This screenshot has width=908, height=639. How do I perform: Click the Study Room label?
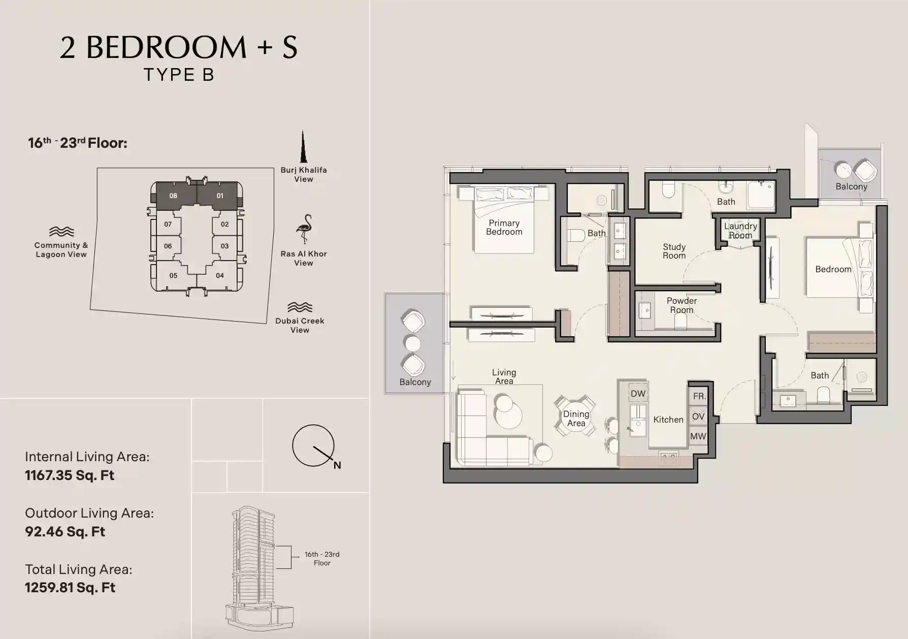tap(674, 251)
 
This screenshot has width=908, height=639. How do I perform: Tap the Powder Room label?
tap(682, 305)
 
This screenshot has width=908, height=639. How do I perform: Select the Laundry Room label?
tap(740, 231)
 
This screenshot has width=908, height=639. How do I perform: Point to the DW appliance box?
tap(638, 394)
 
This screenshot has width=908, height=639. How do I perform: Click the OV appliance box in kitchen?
tap(698, 417)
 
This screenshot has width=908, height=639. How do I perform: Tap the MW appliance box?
tap(698, 436)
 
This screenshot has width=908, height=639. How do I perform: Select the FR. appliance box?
tap(699, 396)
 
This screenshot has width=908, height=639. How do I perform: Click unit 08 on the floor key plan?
tap(174, 196)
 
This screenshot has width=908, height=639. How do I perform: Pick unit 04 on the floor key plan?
tap(220, 276)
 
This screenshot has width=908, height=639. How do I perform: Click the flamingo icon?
tap(304, 229)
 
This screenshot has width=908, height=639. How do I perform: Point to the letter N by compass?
tap(337, 465)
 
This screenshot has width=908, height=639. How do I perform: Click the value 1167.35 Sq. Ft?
tap(70, 475)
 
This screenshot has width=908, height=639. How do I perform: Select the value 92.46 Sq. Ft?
tap(65, 532)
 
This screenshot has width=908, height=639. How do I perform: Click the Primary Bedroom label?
tap(504, 228)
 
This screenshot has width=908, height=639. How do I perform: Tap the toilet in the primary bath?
tap(576, 236)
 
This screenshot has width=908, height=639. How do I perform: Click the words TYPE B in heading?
tap(179, 75)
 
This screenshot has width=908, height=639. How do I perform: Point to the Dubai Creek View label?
tap(300, 325)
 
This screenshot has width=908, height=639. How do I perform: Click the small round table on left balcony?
tap(412, 344)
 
